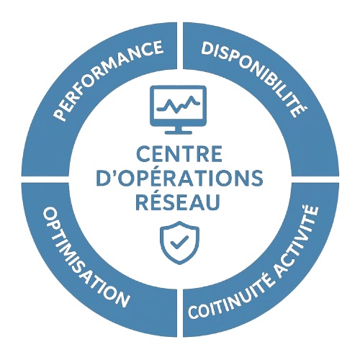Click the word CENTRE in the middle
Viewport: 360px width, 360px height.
179,155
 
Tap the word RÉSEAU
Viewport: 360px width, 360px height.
178,201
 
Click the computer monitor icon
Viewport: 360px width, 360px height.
178,109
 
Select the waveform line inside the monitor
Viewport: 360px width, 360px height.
178,104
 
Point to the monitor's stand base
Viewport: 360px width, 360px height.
178,132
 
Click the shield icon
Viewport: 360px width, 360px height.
179,243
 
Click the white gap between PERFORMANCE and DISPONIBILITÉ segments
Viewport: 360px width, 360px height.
180,45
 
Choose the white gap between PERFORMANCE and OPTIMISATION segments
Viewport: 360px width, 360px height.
45,179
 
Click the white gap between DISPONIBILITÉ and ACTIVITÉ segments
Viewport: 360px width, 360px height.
315,179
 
